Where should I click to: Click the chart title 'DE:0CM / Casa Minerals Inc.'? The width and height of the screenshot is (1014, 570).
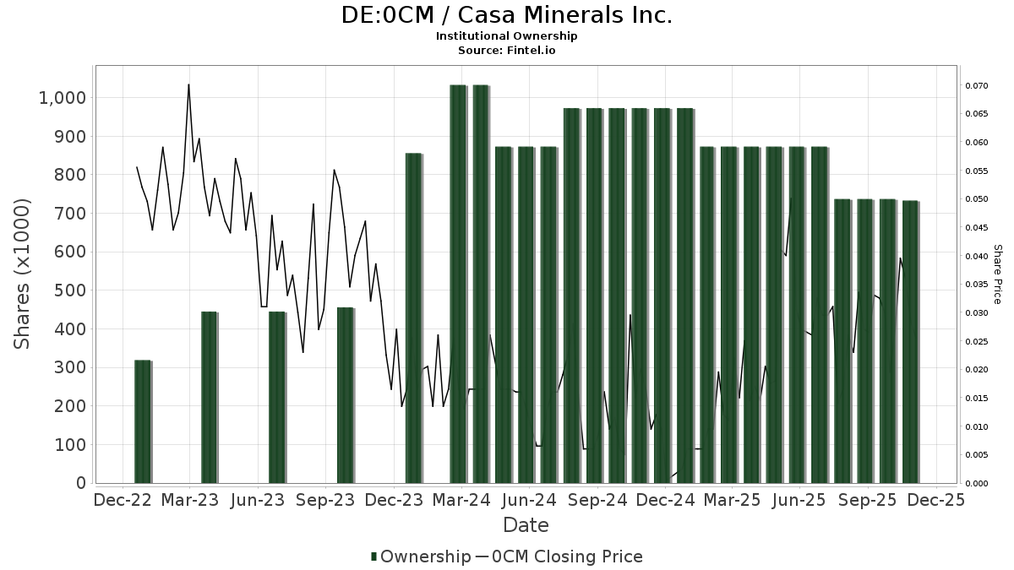coord(507,15)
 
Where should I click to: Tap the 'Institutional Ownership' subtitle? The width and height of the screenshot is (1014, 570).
coord(507,36)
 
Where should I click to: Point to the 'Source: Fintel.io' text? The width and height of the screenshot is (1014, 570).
coord(507,50)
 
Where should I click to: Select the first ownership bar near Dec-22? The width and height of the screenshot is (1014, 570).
coord(143,421)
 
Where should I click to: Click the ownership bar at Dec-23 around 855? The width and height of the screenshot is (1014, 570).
coord(413,318)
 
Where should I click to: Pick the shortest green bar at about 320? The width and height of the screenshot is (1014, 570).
coord(143,421)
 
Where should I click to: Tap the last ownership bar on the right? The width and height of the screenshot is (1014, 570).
coord(910,341)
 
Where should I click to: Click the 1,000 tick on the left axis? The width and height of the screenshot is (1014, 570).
coord(63,98)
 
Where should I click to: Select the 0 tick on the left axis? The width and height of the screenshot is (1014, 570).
coord(81,483)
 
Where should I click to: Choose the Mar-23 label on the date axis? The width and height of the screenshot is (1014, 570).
coord(190,500)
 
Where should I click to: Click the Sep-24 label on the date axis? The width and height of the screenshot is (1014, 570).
coord(597,500)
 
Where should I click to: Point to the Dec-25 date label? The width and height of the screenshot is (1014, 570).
coord(935,500)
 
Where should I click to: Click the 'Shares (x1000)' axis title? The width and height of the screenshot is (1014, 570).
coord(23,274)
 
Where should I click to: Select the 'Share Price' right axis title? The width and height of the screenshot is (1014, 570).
coord(997,274)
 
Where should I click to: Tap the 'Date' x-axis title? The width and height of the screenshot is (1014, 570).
coord(526,525)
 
